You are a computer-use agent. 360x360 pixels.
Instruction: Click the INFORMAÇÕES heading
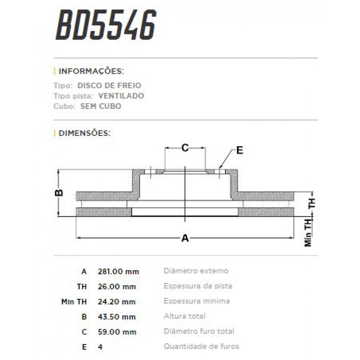(91, 71)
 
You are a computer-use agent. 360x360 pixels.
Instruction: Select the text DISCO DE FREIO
(109, 85)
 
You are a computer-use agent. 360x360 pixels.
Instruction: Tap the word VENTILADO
(121, 96)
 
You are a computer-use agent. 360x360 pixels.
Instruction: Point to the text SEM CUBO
(101, 106)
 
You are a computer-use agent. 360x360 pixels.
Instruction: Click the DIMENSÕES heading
(85, 133)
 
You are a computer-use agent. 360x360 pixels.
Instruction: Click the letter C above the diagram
(185, 148)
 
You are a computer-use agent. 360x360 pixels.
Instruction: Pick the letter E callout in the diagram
(239, 150)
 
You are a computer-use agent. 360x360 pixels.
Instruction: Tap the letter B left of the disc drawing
(60, 192)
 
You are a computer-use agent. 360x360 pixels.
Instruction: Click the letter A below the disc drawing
(185, 238)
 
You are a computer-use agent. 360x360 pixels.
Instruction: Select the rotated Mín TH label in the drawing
(308, 232)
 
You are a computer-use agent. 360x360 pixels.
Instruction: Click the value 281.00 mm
(118, 271)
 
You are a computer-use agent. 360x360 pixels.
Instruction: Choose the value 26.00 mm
(117, 286)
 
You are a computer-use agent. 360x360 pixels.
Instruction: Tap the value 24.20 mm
(117, 301)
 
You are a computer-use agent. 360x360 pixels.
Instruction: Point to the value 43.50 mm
(117, 317)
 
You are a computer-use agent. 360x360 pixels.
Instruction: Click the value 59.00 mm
(117, 332)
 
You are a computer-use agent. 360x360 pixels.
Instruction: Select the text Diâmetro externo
(196, 271)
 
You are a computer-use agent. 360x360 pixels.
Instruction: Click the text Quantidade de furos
(201, 346)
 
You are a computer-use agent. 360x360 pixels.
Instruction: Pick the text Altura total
(184, 316)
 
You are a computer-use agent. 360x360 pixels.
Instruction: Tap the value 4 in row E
(100, 347)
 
